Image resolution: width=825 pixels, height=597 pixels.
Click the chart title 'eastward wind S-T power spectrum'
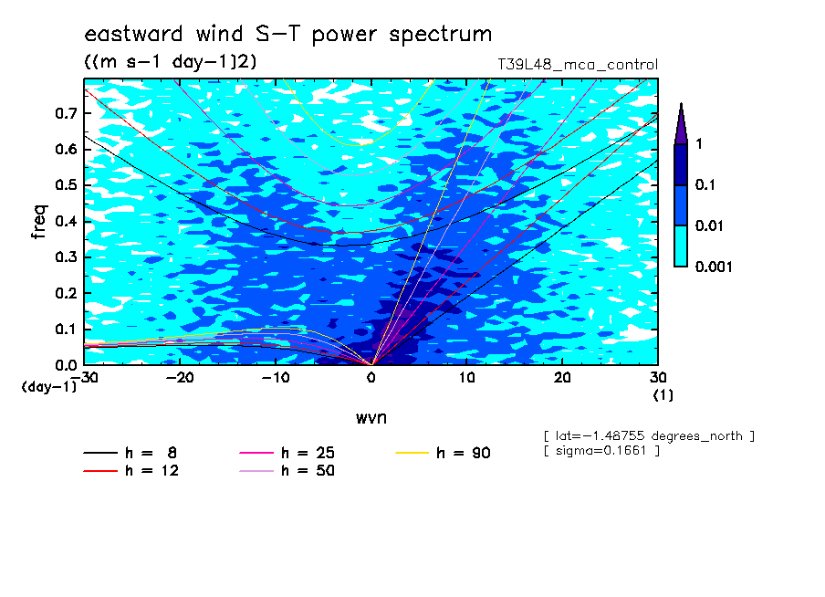[x=288, y=34]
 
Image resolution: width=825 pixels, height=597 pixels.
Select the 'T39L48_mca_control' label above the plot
[x=578, y=65]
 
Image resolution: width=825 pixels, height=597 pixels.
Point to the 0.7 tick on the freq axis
[x=67, y=113]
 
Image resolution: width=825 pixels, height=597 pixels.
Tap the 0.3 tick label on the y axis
[x=67, y=257]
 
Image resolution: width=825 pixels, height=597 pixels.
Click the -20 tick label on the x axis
[x=180, y=378]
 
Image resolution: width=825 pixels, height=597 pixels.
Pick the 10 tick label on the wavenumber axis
[x=466, y=378]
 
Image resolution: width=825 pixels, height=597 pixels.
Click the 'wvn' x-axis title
[x=371, y=418]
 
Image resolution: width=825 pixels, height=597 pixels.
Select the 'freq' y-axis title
[x=39, y=222]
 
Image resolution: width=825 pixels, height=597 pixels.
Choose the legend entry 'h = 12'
[x=131, y=470]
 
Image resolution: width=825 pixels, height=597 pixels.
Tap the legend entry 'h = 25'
[x=287, y=453]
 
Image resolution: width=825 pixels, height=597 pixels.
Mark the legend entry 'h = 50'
[x=287, y=470]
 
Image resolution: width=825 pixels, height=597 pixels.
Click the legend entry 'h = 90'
[x=443, y=453]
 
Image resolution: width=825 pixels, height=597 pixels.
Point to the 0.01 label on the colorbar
[x=709, y=225]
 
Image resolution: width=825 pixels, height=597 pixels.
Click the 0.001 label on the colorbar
[x=714, y=267]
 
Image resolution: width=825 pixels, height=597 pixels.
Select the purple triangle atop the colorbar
[x=681, y=124]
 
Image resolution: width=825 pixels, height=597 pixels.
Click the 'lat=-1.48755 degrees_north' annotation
[x=649, y=436]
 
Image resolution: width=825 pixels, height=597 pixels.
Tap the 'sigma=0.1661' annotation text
[x=602, y=451]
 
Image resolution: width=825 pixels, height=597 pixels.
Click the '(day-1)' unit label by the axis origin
[x=48, y=387]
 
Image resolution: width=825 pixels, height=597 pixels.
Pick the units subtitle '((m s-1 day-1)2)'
[x=171, y=62]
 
